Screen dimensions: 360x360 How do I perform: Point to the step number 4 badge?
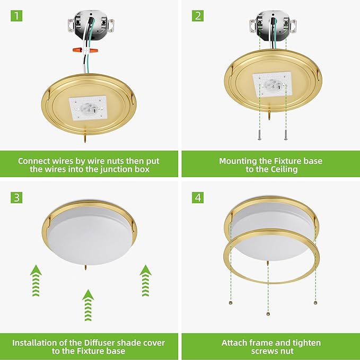[x=198, y=198]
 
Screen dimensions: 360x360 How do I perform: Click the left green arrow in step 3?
[x=35, y=280]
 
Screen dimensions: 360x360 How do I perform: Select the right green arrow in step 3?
[x=145, y=280]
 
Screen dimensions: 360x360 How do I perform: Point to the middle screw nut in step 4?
[x=268, y=314]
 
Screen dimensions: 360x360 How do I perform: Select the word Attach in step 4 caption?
[x=234, y=343]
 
